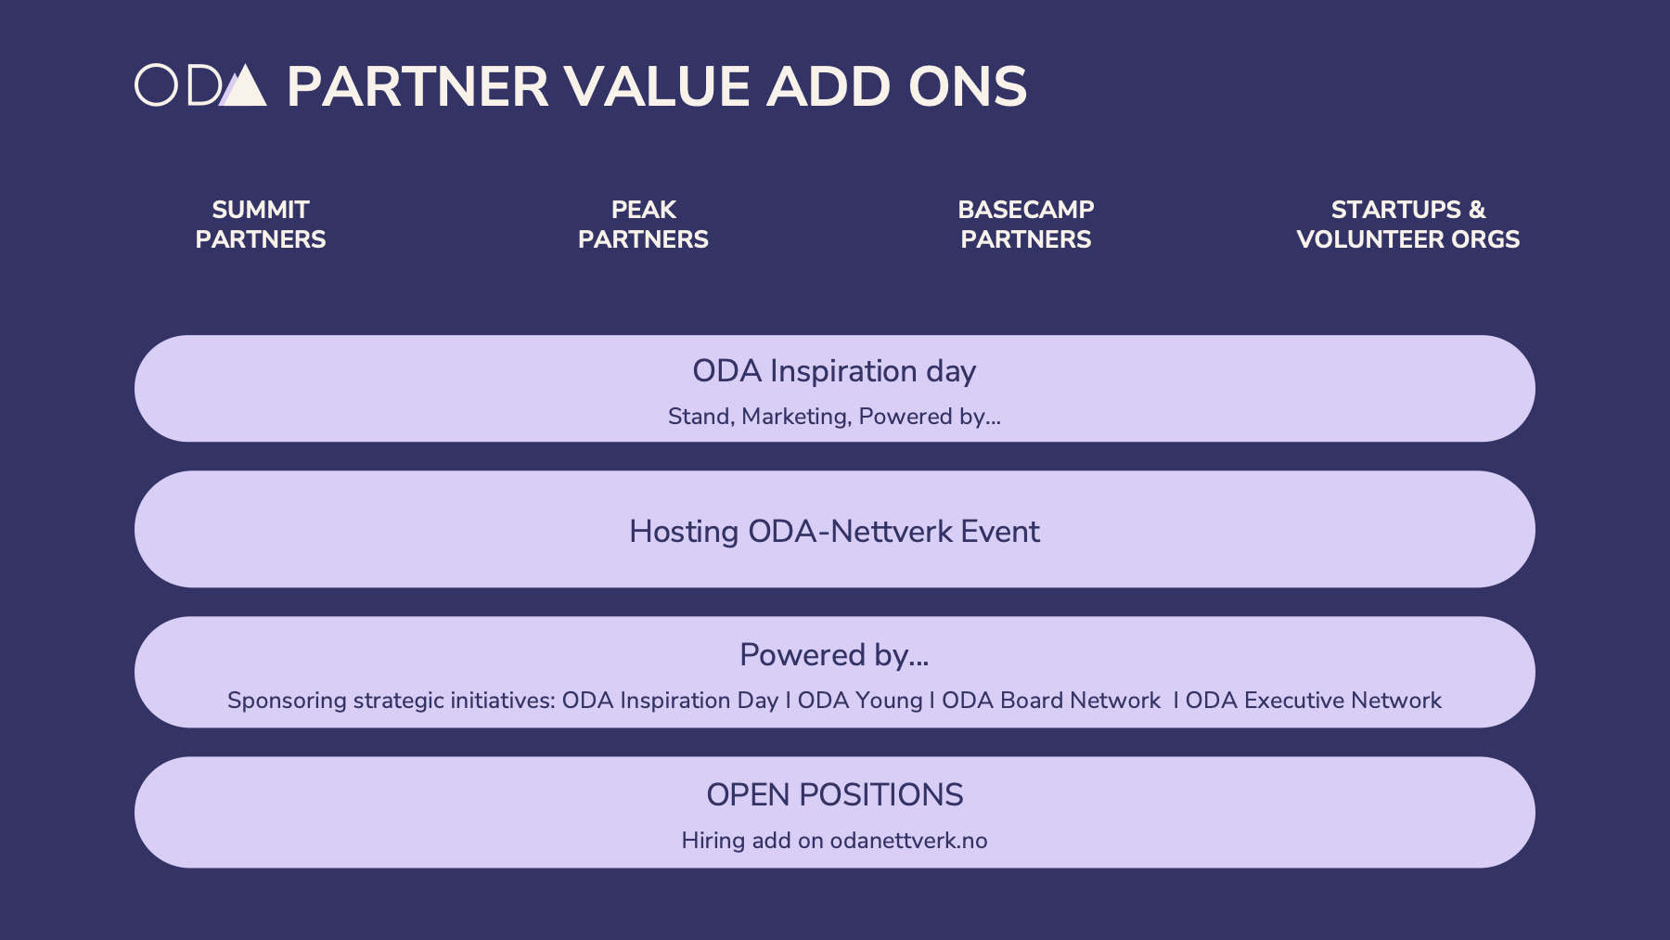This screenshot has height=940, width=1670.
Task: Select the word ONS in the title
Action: (x=968, y=86)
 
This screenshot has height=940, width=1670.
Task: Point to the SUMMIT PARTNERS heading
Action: (x=261, y=225)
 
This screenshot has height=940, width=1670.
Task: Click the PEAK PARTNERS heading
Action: (x=643, y=225)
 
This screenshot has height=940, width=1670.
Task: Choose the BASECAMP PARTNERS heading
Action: (x=1026, y=225)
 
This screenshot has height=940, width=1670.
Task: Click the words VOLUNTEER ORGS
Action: (x=1408, y=239)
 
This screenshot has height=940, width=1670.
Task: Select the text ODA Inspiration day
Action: (x=834, y=371)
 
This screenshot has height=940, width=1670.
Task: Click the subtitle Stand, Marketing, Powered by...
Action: (x=834, y=417)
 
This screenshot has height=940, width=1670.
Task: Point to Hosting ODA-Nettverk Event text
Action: (x=834, y=532)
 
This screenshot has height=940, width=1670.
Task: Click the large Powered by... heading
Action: (x=834, y=655)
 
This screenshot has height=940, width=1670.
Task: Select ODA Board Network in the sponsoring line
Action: (x=1051, y=701)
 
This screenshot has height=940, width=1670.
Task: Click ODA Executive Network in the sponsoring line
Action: (x=1314, y=701)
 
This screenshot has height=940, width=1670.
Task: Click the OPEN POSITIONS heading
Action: (x=835, y=795)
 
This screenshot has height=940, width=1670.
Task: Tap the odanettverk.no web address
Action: (x=909, y=841)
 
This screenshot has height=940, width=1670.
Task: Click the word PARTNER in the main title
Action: (x=417, y=86)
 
